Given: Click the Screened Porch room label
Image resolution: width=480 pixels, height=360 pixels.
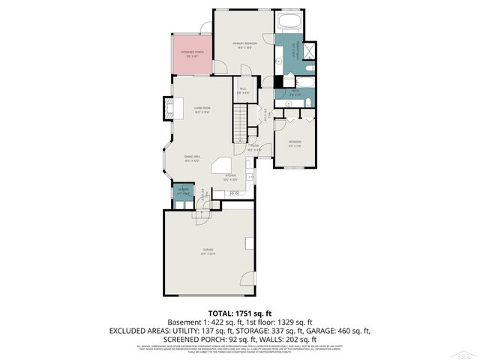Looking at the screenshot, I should [x=194, y=53].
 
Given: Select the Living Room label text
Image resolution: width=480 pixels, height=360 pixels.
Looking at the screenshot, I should [x=202, y=110].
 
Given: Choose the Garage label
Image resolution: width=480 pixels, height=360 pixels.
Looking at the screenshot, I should [x=208, y=251].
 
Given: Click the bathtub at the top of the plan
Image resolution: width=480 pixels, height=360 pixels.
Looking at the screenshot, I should [x=289, y=22].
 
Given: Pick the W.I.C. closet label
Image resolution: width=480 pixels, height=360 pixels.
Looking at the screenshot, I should [x=244, y=91].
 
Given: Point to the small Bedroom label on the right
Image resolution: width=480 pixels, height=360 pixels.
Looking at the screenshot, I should [x=295, y=143].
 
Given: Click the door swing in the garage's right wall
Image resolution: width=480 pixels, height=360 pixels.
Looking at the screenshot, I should [x=250, y=241].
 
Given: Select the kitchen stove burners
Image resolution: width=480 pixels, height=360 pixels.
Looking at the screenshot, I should [x=234, y=193].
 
